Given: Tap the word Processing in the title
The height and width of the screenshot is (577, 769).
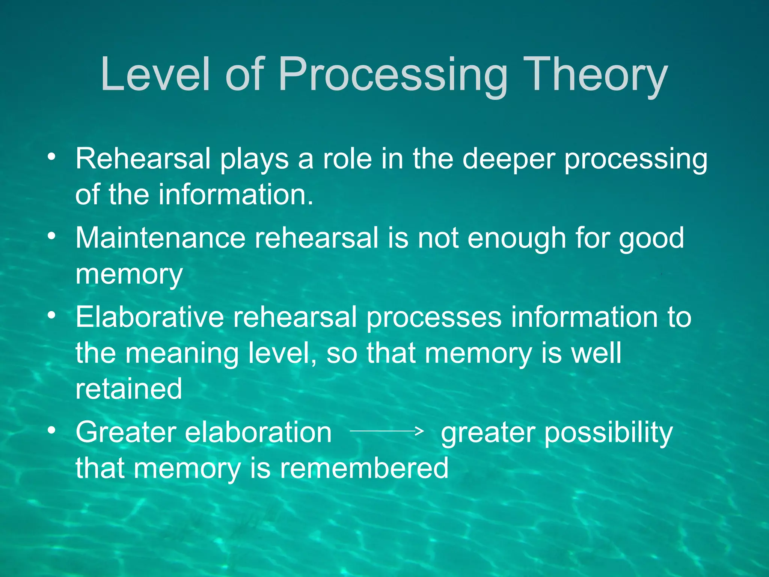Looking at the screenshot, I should [392, 75].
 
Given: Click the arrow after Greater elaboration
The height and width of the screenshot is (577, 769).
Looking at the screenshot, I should [387, 431].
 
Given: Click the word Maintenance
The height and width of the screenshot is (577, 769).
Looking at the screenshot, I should [160, 238].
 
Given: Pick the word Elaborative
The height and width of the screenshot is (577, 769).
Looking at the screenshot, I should [149, 317].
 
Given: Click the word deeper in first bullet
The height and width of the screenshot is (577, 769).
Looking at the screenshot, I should [508, 160].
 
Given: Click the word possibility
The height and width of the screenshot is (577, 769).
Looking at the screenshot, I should [608, 433].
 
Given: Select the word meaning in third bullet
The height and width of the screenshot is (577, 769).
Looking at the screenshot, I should [182, 354].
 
